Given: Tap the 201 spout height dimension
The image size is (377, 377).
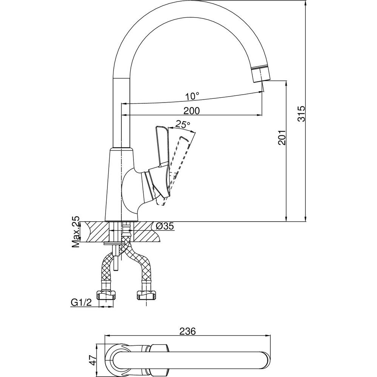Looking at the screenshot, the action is click(282, 138).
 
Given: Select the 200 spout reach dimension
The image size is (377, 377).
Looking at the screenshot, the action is click(192, 111).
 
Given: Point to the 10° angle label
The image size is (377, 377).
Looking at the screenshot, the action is click(192, 97).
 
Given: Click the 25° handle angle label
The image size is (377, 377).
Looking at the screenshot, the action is click(182, 124).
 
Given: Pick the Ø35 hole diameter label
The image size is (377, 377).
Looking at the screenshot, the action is click(165, 226).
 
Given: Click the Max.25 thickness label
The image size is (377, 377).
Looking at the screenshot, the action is click(76, 232).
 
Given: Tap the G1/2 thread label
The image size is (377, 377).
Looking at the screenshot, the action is click(81, 302).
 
